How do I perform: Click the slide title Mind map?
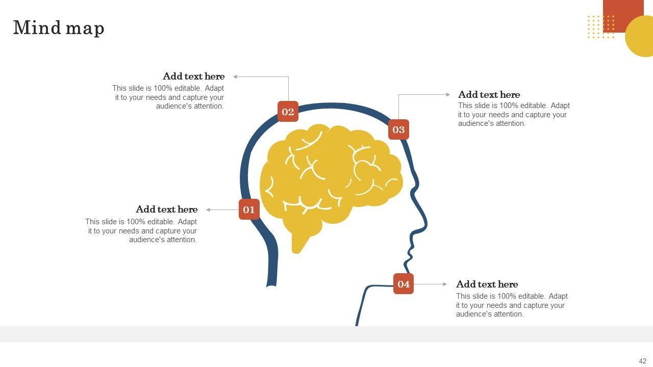click(x=59, y=28)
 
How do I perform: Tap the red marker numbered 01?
click(x=249, y=209)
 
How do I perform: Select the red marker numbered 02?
click(x=288, y=112)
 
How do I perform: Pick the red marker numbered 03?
click(x=398, y=129)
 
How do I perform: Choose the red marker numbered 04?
click(x=404, y=284)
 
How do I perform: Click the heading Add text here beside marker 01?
click(x=166, y=209)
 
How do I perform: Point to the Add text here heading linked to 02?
click(x=193, y=76)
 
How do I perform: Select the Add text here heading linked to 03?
click(x=489, y=95)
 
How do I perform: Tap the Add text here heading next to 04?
click(x=487, y=284)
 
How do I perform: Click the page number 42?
click(x=642, y=361)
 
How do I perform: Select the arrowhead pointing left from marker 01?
click(x=208, y=209)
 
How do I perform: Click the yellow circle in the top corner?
click(x=640, y=37)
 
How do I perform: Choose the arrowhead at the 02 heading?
click(x=236, y=76)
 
